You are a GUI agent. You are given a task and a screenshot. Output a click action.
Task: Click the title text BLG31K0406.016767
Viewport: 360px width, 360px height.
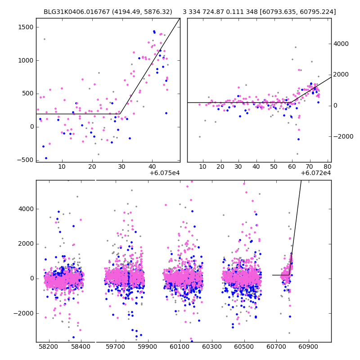click(73, 12)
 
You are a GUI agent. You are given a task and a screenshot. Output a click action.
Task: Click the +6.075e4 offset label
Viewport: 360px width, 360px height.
click(165, 173)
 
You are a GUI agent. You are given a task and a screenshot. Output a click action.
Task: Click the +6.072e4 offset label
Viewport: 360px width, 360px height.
click(316, 173)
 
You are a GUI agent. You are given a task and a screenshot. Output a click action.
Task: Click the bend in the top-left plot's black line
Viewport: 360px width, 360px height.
click(121, 114)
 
